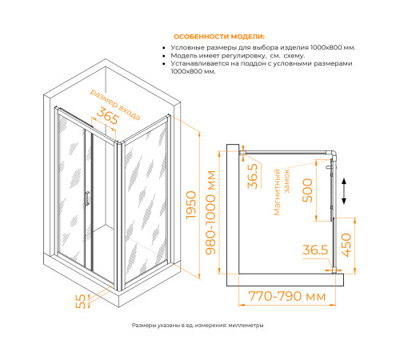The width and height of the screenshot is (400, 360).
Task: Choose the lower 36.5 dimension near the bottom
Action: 315,250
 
